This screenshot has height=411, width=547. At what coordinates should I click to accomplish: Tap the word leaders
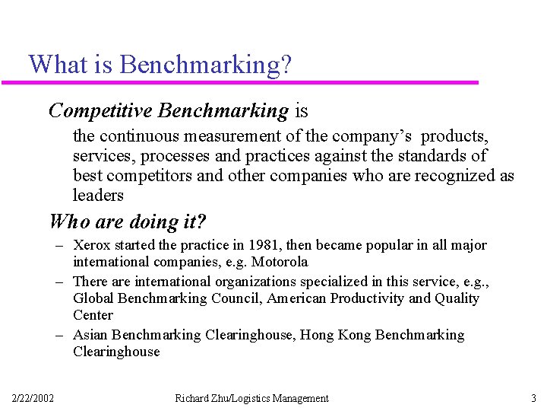point(98,196)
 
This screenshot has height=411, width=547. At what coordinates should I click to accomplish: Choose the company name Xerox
point(90,245)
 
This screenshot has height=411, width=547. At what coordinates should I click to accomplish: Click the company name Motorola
point(280,262)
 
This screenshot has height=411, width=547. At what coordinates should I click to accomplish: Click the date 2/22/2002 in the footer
point(33,398)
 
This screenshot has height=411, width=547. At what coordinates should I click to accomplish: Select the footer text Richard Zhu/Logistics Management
point(251,398)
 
